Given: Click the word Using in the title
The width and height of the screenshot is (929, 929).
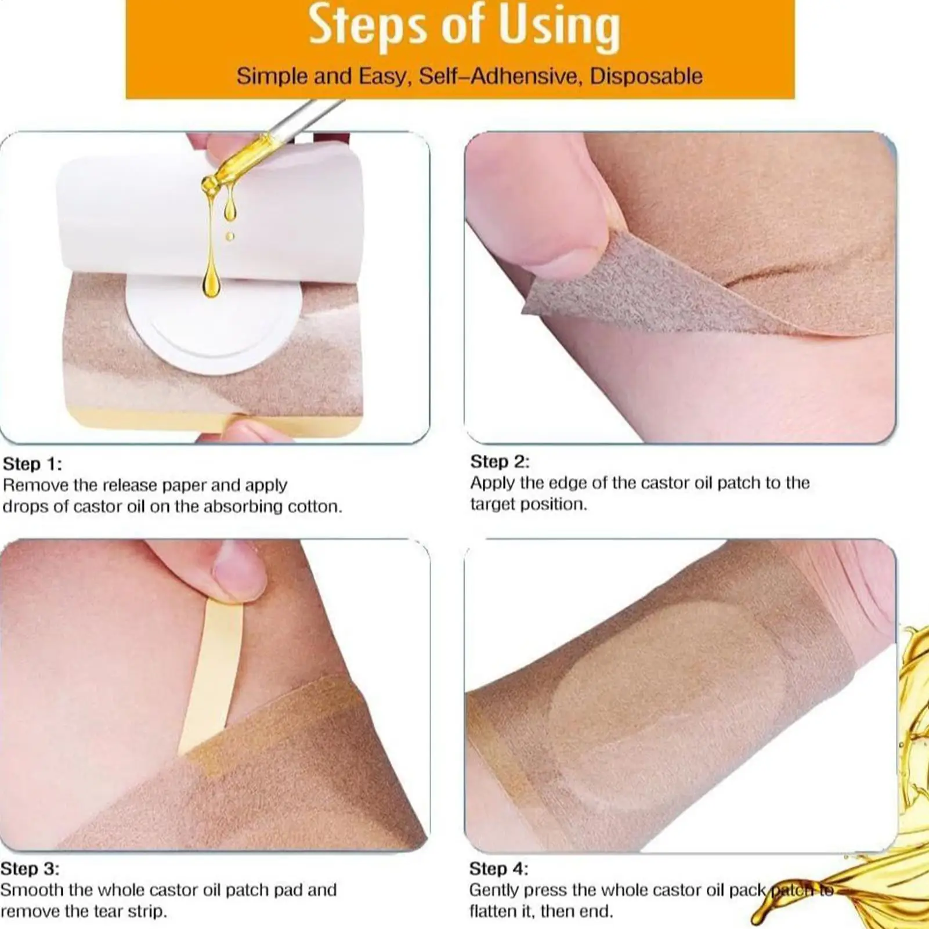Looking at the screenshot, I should click(x=559, y=26).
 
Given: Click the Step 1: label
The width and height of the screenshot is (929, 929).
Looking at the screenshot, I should click(x=32, y=464).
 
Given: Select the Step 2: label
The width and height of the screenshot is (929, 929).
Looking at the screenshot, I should click(x=500, y=461).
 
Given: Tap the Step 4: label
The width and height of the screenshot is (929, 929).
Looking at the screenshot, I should click(x=498, y=869).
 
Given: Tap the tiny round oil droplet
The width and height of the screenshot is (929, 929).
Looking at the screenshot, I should click(x=230, y=236).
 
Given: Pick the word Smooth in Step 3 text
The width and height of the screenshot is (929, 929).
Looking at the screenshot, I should click(x=31, y=890).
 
